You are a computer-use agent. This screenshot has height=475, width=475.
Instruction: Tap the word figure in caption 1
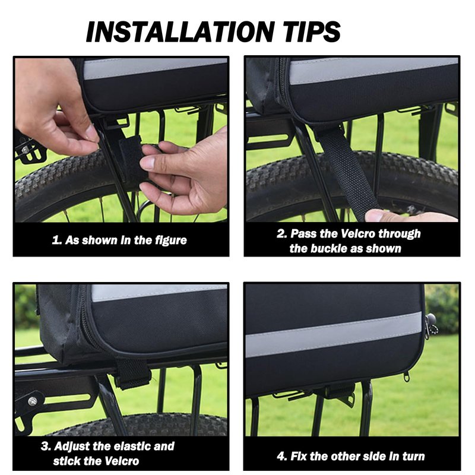point(171,240)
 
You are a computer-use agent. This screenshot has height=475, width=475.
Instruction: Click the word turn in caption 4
point(413,456)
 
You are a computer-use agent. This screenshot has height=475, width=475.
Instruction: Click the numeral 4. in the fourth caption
point(281,456)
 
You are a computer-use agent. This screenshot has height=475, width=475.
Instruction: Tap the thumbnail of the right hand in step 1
point(148,163)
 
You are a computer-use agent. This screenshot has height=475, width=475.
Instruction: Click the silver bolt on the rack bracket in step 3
point(33,401)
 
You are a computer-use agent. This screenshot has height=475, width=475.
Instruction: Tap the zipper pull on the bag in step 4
point(408,376)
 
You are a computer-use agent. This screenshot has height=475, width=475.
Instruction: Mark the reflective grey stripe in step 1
point(155,68)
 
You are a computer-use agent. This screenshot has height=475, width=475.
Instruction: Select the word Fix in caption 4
point(299,456)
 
